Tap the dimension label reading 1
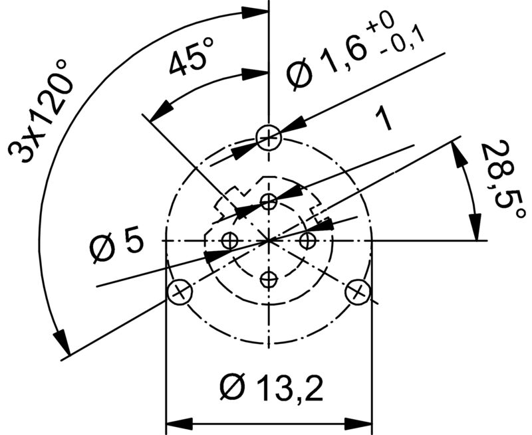pyautogui.click(x=384, y=120)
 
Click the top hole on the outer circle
pyautogui.click(x=269, y=138)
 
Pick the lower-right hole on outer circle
pyautogui.click(x=358, y=291)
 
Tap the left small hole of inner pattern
pyautogui.click(x=230, y=240)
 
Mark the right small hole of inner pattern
pyautogui.click(x=307, y=240)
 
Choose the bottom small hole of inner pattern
pyautogui.click(x=269, y=280)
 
